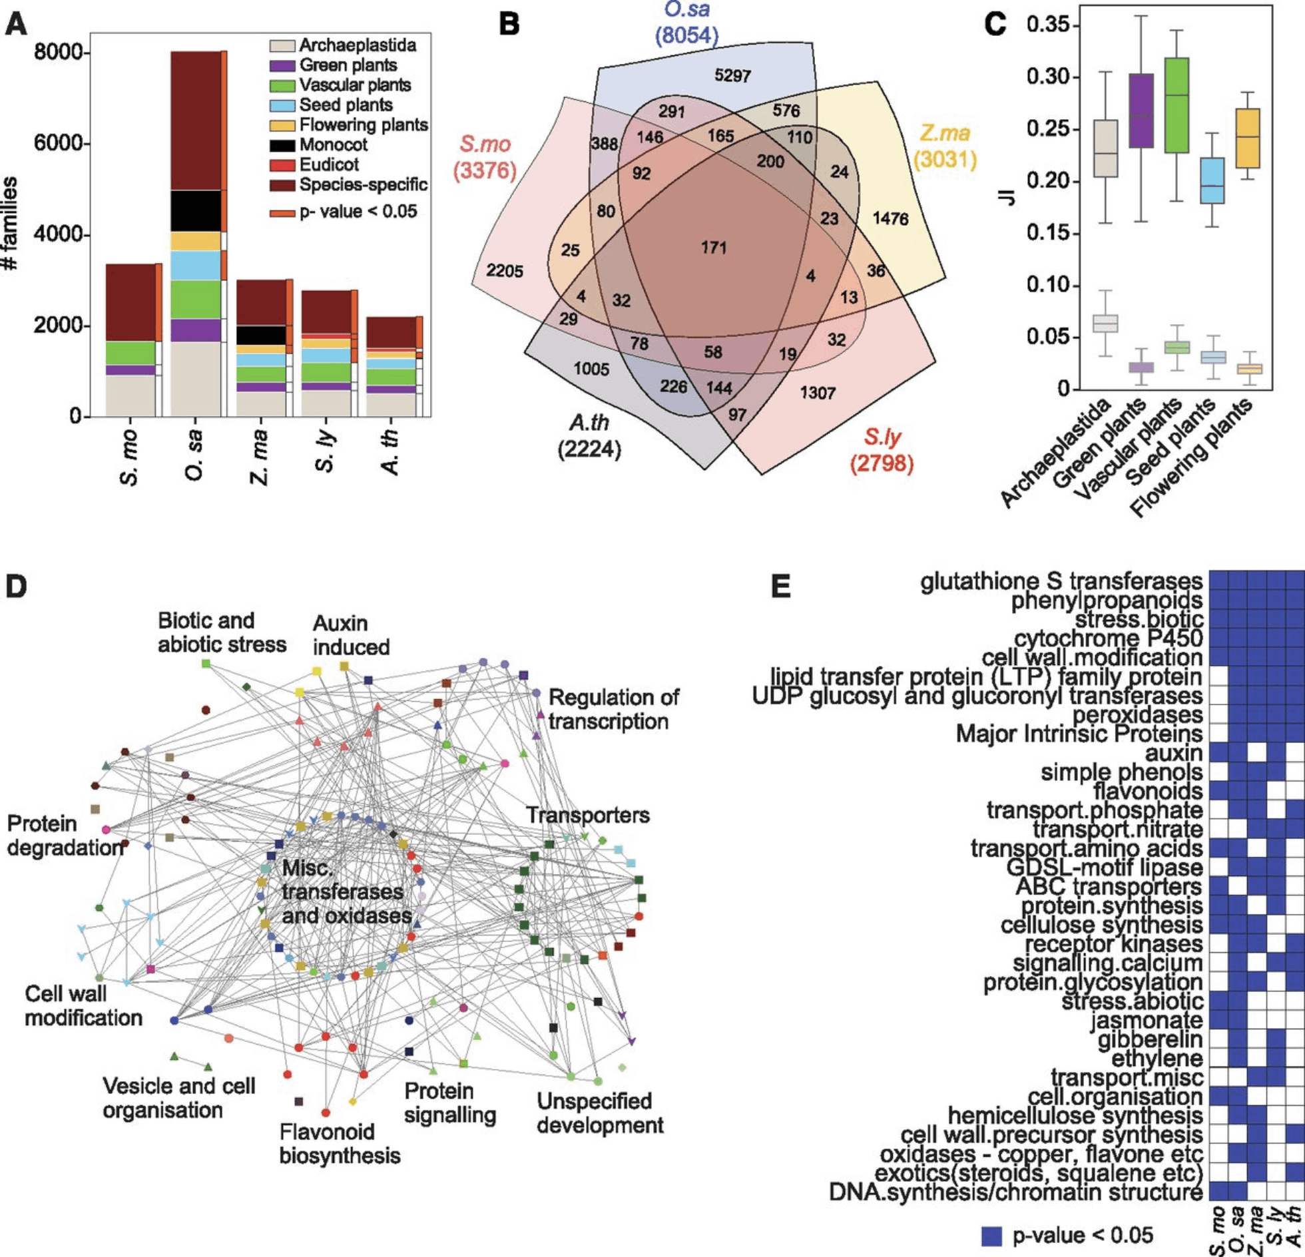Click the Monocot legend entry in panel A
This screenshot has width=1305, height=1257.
click(333, 145)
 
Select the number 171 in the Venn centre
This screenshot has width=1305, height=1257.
click(713, 248)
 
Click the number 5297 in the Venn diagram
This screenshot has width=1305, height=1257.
click(732, 76)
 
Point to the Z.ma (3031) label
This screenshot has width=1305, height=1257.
click(945, 146)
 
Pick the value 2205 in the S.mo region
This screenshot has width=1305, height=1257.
click(504, 271)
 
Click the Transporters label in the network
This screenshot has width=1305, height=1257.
click(588, 816)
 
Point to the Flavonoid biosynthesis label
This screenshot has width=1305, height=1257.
click(340, 1144)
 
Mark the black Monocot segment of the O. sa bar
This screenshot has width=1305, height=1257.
click(196, 211)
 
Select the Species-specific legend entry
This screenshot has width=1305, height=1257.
click(363, 185)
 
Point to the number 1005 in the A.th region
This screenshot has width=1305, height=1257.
click(591, 369)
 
